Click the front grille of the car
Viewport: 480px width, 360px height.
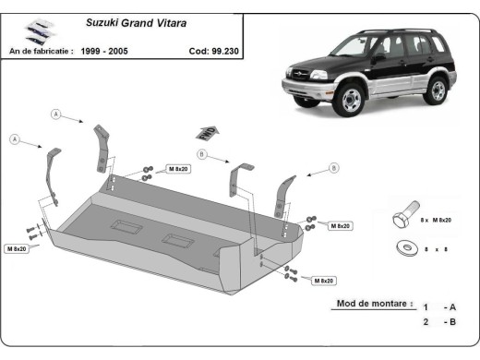pos(304,78)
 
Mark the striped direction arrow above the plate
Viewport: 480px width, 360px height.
pos(207,132)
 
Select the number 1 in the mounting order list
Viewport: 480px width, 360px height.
pos(426,306)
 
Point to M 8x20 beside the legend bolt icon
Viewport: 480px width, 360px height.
pos(443,222)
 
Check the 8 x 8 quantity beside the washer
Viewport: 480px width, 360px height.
pos(438,249)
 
